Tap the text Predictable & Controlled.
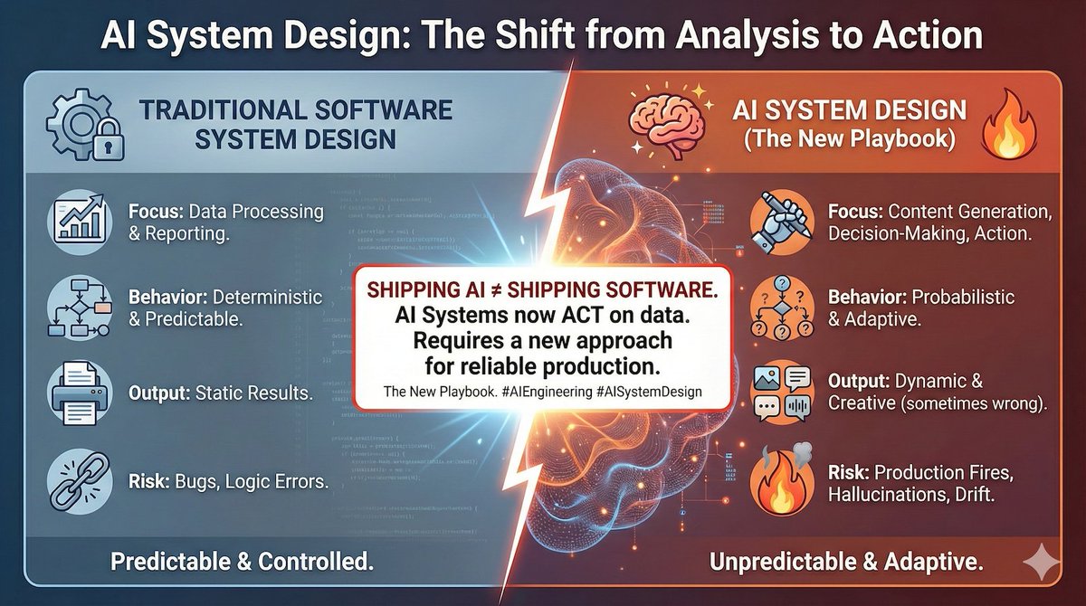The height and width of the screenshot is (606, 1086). pos(242,562)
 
